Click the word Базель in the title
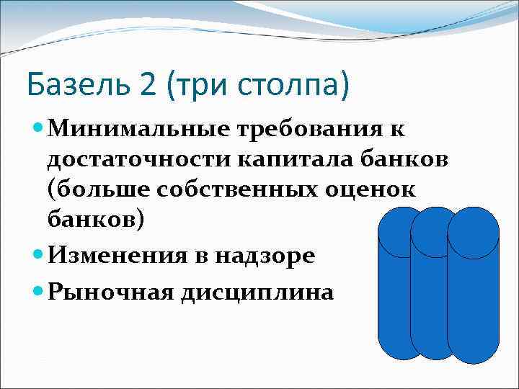coord(79,85)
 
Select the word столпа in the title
coord(293,86)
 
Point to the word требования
coord(319,130)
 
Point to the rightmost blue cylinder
coord(473,288)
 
